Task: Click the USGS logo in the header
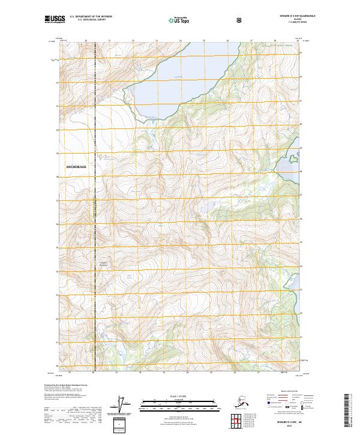pyautogui.click(x=55, y=21)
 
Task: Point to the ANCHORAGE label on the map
pyautogui.click(x=80, y=166)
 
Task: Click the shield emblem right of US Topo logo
pyautogui.click(x=239, y=21)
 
